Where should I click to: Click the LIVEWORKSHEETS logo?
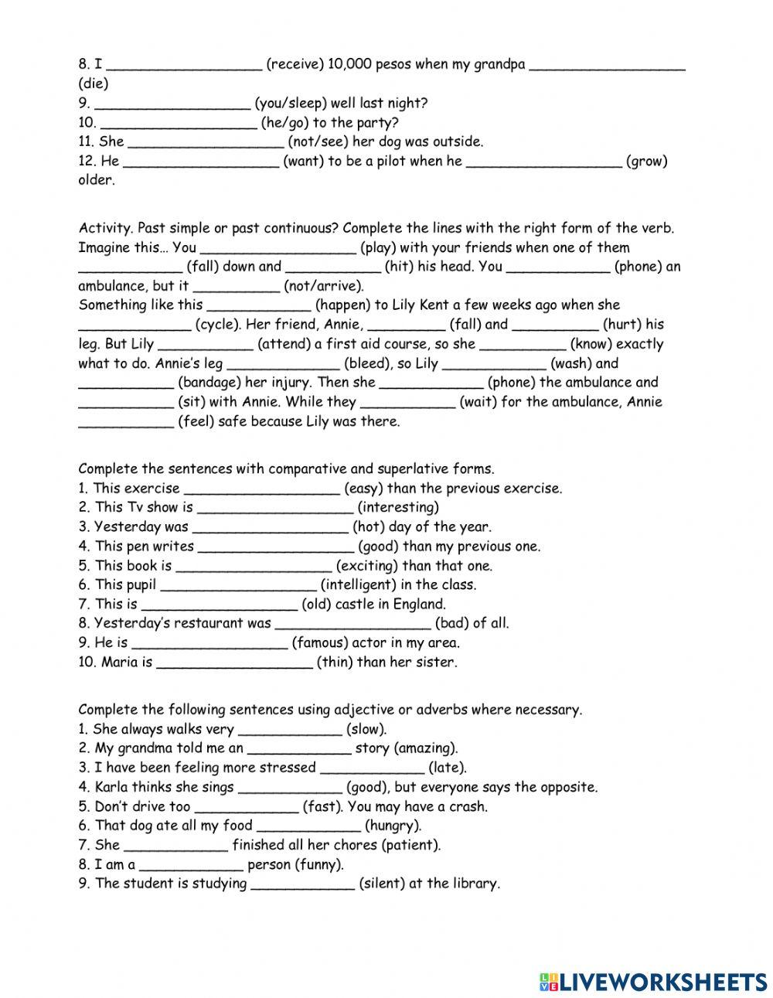(653, 981)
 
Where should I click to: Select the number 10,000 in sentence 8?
(349, 64)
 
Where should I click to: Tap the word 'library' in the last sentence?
(474, 884)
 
